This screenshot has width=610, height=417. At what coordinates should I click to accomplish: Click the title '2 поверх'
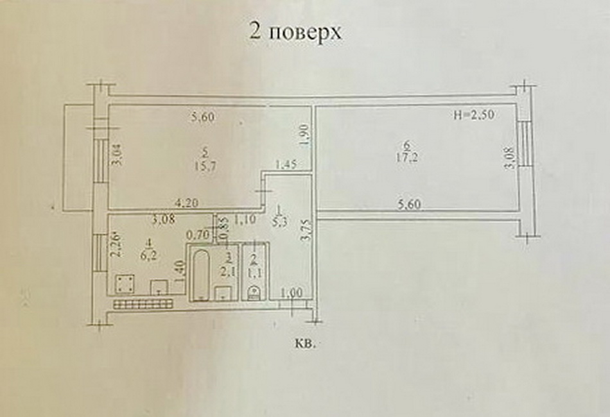pos(295,33)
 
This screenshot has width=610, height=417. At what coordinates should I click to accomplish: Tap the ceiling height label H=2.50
pos(473,117)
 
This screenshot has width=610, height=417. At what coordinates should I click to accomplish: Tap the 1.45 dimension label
pos(286,165)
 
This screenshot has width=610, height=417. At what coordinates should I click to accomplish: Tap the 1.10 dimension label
pos(245,219)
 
